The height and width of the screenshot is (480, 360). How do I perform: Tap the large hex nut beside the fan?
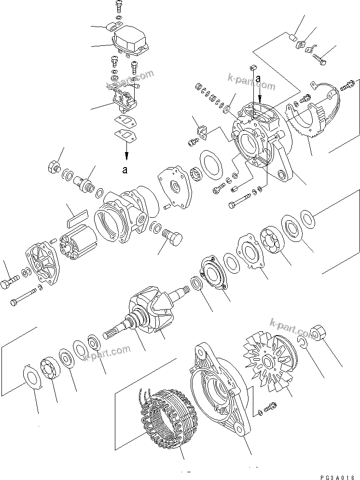319,333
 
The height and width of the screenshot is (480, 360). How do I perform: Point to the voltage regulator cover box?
131,39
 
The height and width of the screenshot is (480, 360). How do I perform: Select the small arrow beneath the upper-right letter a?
260,88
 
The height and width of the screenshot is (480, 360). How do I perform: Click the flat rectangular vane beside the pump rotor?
75,219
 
